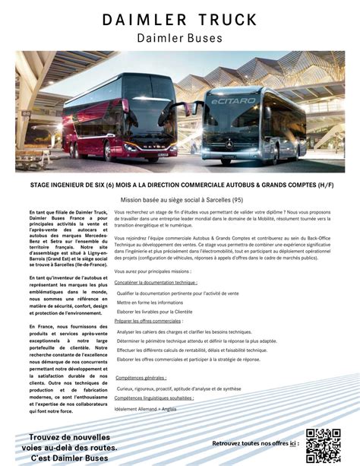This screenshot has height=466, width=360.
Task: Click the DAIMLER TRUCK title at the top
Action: click(x=179, y=20)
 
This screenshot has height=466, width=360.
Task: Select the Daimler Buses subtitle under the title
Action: click(x=179, y=38)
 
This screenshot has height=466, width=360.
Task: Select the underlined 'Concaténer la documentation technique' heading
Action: click(x=156, y=282)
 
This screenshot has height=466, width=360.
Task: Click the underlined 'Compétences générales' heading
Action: click(x=141, y=378)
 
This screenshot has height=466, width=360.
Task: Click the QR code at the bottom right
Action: click(x=323, y=446)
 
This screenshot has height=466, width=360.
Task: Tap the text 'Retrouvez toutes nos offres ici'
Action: click(x=254, y=442)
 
